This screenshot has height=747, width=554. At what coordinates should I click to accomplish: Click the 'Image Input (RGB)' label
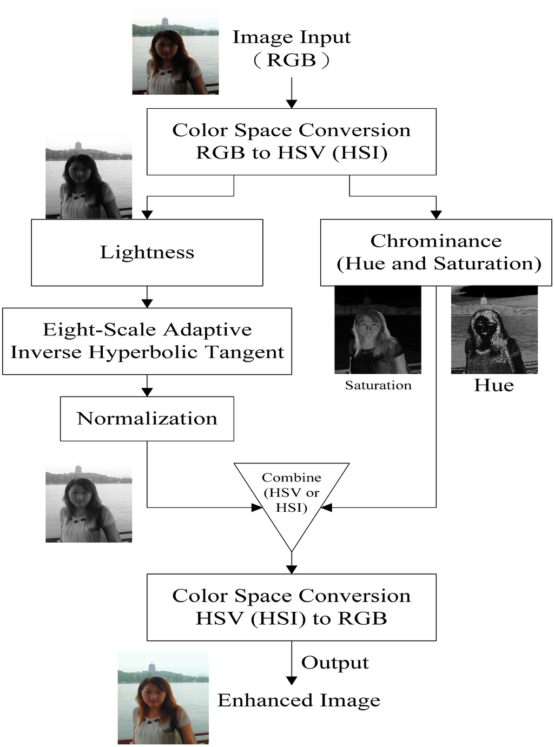pos(292,48)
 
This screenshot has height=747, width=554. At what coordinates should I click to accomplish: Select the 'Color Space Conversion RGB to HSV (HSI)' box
pos(291,142)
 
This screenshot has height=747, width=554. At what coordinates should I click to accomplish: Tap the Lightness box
pos(147,253)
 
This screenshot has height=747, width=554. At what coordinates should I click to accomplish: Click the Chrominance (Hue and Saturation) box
pos(436,252)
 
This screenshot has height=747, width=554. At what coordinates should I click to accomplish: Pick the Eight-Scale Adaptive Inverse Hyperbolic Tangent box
pos(147,341)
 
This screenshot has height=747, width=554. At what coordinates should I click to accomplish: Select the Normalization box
pos(147,419)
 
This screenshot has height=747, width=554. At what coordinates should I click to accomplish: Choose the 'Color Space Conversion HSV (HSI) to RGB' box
pos(291,607)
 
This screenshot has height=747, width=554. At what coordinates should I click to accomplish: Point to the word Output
pos(335,663)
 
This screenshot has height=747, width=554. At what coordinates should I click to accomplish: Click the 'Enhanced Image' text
pos(299,700)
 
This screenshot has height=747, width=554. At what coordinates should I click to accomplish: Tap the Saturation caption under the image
pos(378,385)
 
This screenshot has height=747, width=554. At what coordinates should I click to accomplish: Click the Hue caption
pos(494,385)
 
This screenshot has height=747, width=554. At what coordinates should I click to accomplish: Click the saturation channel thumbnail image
pos(378,330)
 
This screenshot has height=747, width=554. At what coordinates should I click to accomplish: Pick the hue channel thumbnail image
pos(494,330)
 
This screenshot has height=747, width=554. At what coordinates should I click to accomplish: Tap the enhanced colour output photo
pos(163,698)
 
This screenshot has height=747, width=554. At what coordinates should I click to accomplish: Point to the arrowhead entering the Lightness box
pos(147,215)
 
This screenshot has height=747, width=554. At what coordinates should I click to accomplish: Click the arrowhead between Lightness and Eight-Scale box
pos(147,303)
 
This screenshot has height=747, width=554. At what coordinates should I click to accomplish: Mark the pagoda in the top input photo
pos(164,21)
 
